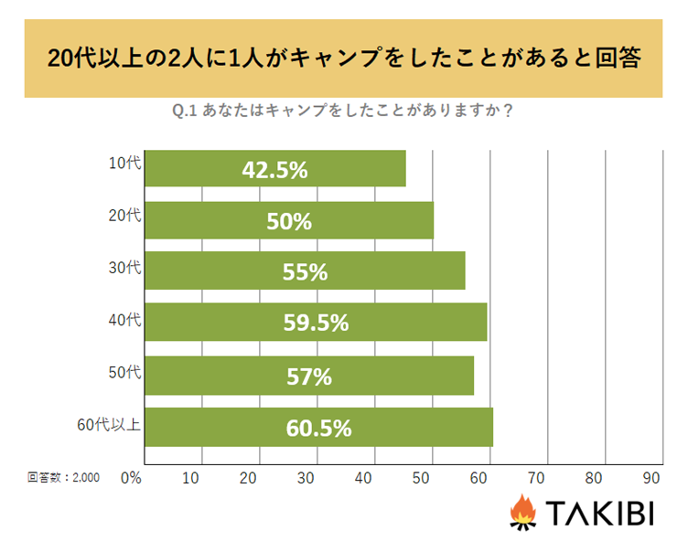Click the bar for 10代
click(x=274, y=169)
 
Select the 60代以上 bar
click(x=319, y=428)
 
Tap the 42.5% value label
click(x=274, y=170)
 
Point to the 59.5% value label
click(x=316, y=324)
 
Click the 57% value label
click(x=309, y=376)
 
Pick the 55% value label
click(x=305, y=272)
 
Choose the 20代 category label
click(x=124, y=217)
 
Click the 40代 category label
click(x=124, y=320)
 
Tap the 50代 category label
click(x=124, y=372)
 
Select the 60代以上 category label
click(x=109, y=423)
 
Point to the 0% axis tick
click(x=131, y=477)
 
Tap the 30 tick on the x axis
click(x=306, y=477)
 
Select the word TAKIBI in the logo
click(x=599, y=514)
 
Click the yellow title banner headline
click(x=343, y=59)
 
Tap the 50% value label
click(x=289, y=221)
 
